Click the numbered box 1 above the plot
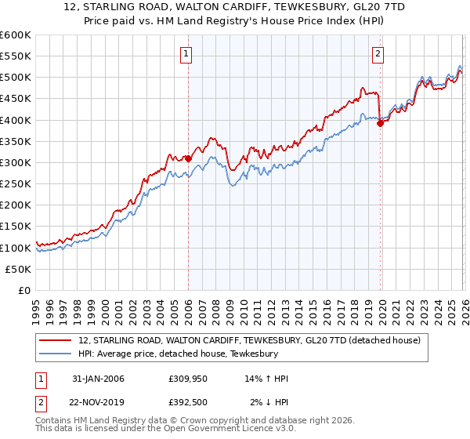(x=186, y=54)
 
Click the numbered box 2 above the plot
(x=378, y=54)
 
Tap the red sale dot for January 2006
(x=189, y=158)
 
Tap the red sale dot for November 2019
(x=380, y=122)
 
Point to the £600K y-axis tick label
(x=16, y=35)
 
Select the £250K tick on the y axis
(x=16, y=183)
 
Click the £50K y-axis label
(x=19, y=269)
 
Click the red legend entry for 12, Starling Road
(x=250, y=340)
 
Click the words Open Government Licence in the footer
(x=228, y=430)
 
